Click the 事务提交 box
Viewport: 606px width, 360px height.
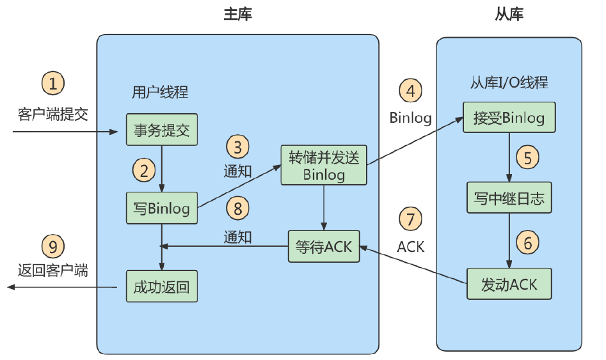161,129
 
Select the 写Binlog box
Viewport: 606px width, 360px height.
161,208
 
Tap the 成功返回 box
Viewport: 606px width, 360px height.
161,286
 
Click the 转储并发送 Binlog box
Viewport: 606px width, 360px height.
324,166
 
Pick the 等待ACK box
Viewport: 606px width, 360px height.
324,246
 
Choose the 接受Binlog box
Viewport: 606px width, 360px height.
509,118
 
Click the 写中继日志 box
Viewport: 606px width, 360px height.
509,198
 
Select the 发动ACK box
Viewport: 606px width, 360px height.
509,284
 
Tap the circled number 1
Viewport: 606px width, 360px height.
53,83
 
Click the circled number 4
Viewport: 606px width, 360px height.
410,91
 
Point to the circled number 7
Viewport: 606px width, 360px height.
410,219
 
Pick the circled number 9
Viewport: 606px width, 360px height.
53,246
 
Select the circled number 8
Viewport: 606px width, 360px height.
237,208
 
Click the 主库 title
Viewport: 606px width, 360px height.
237,14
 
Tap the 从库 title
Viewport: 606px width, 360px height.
509,14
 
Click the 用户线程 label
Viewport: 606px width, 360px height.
160,92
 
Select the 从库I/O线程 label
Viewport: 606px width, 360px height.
509,82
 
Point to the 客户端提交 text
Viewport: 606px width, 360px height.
53,114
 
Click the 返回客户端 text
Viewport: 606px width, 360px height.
53,270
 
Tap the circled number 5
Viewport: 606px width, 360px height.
527,157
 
